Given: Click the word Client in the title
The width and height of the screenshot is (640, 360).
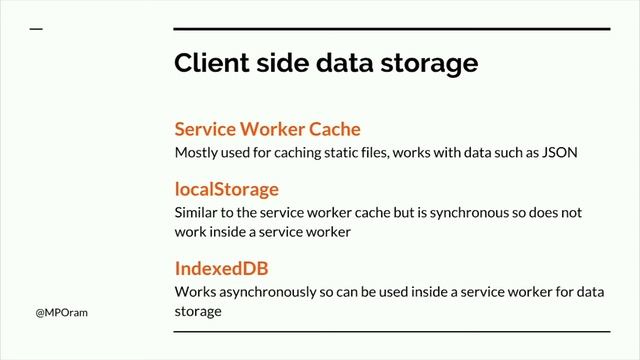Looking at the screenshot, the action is click(211, 62).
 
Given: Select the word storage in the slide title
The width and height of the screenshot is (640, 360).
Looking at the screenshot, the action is click(429, 64).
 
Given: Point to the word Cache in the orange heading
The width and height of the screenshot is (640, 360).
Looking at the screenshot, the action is click(335, 129).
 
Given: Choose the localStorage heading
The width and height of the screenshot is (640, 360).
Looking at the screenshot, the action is click(227, 190).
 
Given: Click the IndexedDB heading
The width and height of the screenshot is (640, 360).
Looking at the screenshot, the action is click(222, 268).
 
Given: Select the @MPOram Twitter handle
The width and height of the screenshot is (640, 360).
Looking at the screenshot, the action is click(62, 313).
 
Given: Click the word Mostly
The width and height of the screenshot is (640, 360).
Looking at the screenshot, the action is click(196, 153).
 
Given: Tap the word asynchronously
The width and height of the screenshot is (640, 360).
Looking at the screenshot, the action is click(268, 293).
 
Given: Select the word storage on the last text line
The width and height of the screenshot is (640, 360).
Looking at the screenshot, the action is click(198, 312).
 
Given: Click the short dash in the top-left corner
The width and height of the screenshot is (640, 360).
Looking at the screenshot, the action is click(36, 29).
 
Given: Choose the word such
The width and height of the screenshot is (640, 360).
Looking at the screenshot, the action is click(508, 153).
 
